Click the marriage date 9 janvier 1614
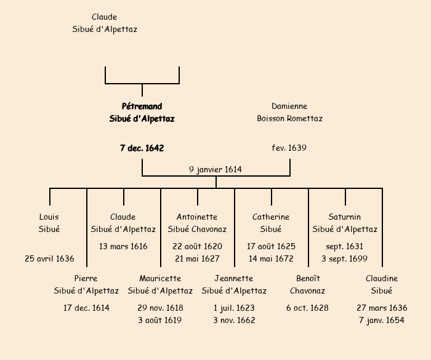coord(216,169)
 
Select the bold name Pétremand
coord(142,106)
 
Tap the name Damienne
coord(289,106)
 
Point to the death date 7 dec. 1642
coord(142,148)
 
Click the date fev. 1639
coord(289,148)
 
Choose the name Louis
coord(49,217)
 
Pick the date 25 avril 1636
coord(49,259)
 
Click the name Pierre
coord(86,279)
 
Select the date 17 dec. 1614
coord(86,308)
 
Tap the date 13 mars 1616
coord(123,247)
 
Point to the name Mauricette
coord(160,279)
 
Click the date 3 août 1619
coord(160,321)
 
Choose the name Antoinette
coord(197,217)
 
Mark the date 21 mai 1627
coord(197,259)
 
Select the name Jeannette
coord(234,279)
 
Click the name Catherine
coord(271,217)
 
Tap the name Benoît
coord(308,279)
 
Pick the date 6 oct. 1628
coord(308,308)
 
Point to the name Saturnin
coord(345,217)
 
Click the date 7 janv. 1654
coord(382,321)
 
